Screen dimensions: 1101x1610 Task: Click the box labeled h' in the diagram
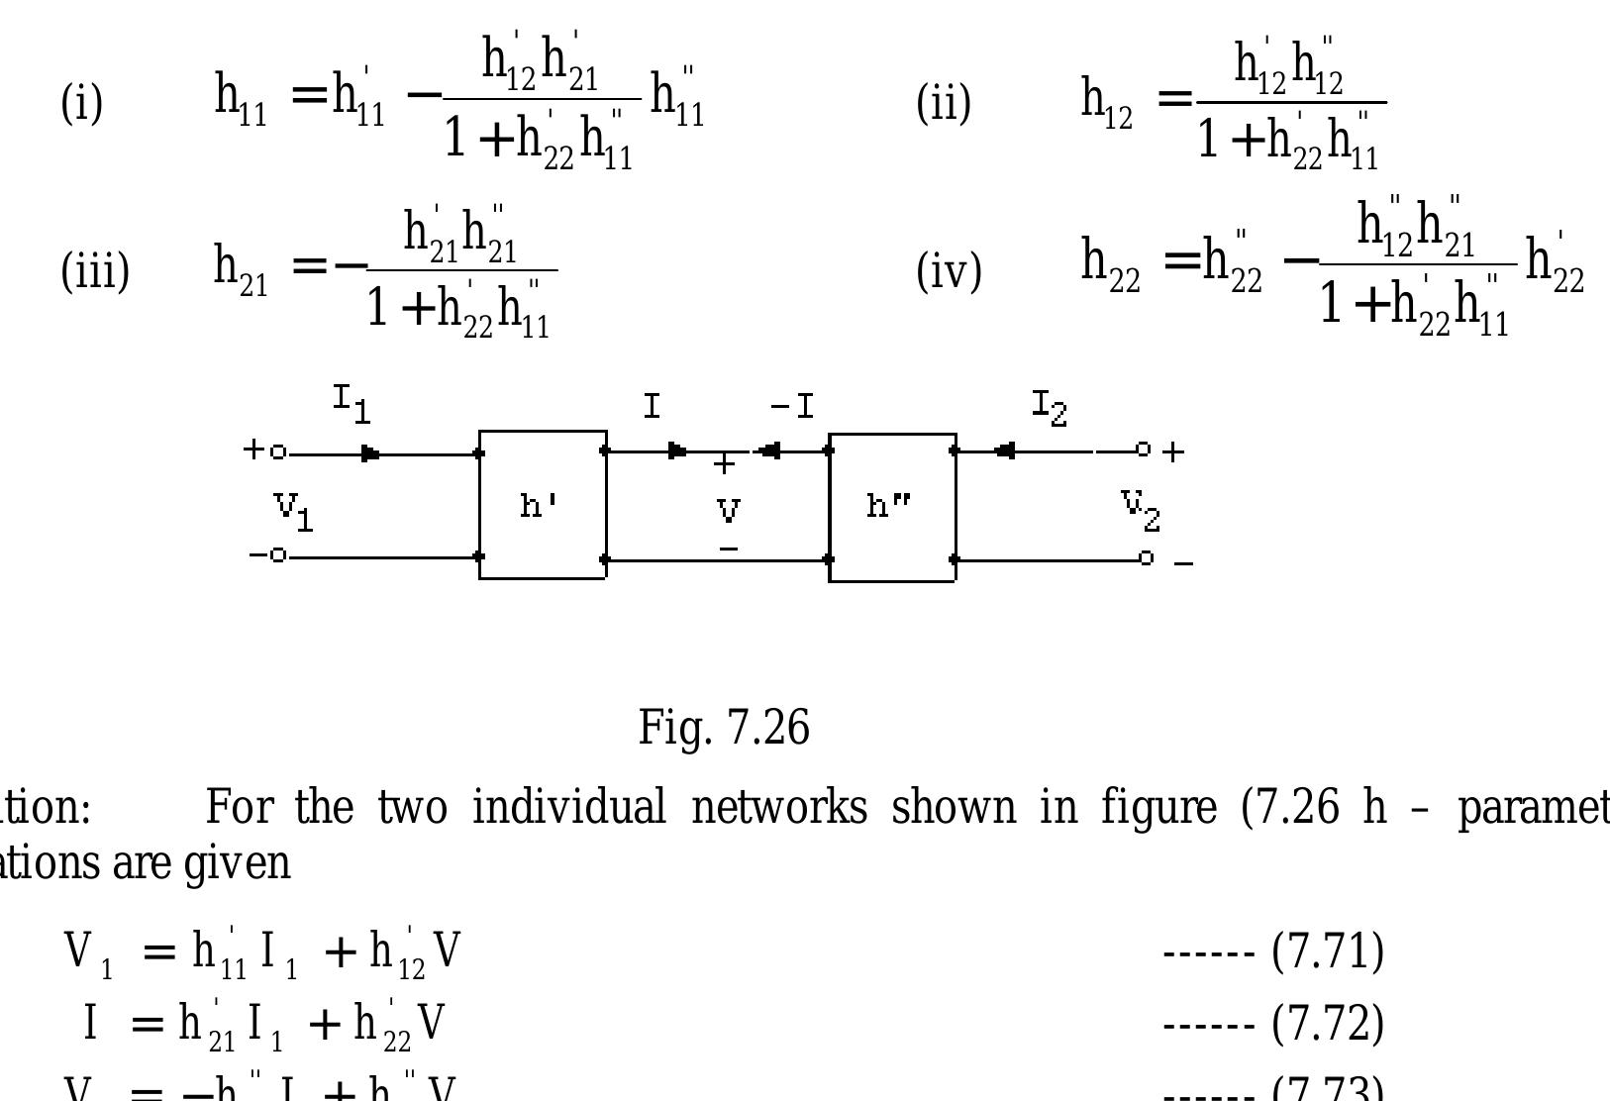[543, 505]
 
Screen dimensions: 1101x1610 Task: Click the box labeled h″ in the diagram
[891, 507]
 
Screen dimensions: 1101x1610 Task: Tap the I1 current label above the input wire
[352, 404]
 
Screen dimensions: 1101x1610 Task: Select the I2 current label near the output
[1050, 407]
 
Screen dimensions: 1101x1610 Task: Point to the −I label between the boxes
[793, 407]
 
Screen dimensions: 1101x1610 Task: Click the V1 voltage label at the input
[294, 511]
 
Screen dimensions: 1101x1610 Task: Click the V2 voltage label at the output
[1140, 509]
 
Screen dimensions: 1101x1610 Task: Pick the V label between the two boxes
[728, 511]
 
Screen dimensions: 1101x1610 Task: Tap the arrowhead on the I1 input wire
[370, 454]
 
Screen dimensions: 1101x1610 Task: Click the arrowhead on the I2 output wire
[1004, 451]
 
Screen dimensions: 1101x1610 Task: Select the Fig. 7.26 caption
[724, 728]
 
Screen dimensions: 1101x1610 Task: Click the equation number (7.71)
[1327, 951]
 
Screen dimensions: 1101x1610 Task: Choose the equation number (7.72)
[1327, 1023]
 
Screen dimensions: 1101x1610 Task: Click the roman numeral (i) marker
[82, 102]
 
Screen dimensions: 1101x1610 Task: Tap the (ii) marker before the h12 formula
[943, 102]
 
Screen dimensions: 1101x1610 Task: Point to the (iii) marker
[95, 270]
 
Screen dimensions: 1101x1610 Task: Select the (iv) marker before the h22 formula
[949, 270]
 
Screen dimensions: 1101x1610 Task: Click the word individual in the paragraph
[568, 807]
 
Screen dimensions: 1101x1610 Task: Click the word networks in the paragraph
[779, 807]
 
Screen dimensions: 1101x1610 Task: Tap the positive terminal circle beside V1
[278, 452]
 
